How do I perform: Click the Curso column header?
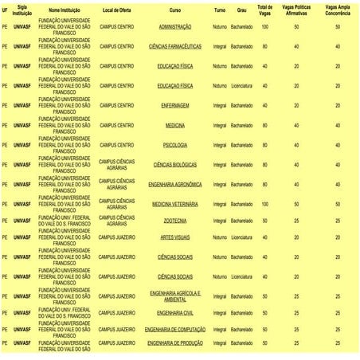(174, 10)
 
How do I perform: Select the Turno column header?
(219, 10)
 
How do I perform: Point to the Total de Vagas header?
(264, 10)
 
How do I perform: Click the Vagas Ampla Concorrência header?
(338, 10)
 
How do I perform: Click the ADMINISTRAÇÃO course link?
(174, 27)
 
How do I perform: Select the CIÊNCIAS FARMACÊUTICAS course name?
(174, 47)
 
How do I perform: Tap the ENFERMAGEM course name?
(174, 105)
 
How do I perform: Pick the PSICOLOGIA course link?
(174, 145)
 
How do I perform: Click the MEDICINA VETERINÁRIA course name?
(174, 204)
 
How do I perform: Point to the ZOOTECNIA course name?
(174, 221)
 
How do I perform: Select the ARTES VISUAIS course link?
(174, 237)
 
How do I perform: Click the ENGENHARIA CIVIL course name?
(174, 313)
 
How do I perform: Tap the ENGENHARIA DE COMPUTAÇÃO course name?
(174, 329)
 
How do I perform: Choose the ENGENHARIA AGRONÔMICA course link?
(174, 184)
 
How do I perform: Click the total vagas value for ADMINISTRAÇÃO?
(264, 27)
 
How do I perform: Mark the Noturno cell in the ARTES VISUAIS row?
(219, 237)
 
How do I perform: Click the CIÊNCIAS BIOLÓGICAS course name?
(174, 165)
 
